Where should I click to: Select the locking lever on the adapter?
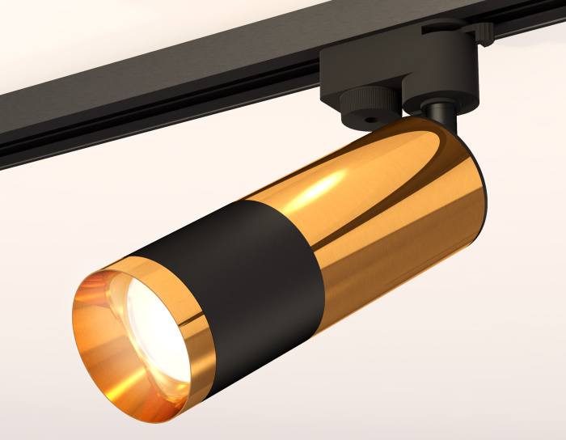pyautogui.click(x=483, y=32)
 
